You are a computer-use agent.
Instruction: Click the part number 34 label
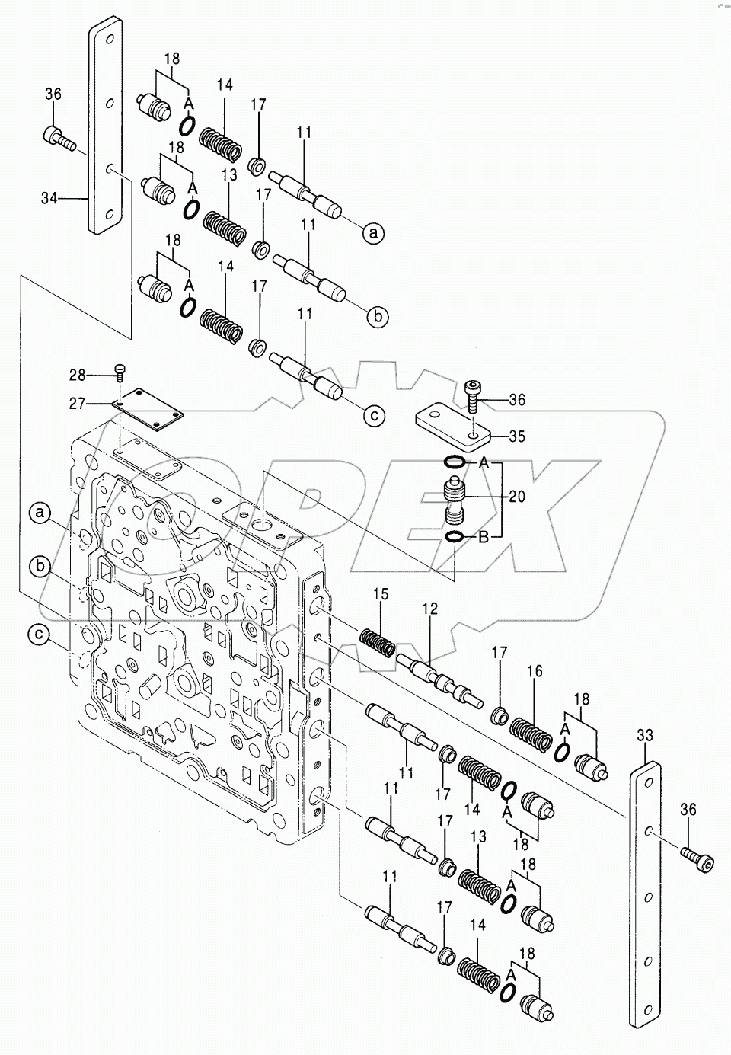coord(49,198)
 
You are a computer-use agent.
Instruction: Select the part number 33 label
coord(645,736)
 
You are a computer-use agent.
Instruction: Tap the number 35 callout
coord(517,436)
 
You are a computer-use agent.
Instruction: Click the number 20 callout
coord(517,496)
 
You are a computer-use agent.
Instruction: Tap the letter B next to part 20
coord(483,536)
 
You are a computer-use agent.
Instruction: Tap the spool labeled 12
coord(440,673)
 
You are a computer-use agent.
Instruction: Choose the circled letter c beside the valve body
coord(40,634)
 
